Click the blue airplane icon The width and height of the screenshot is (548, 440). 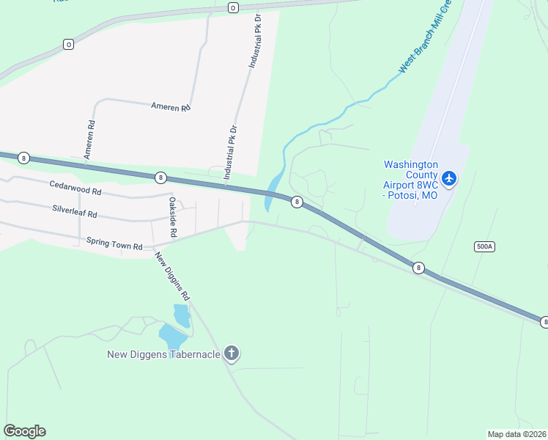click(x=449, y=177)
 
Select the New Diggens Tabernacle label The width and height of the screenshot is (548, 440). click(x=163, y=355)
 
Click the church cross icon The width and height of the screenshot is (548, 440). click(x=232, y=354)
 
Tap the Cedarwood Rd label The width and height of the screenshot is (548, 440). click(x=75, y=189)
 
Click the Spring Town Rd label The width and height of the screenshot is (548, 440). click(x=114, y=243)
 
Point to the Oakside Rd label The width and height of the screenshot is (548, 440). click(x=173, y=216)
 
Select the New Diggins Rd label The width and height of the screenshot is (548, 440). click(x=172, y=277)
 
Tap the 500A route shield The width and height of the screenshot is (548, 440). click(x=484, y=246)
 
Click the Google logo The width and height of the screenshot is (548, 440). click(x=24, y=430)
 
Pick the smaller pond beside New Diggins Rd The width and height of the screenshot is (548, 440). click(x=181, y=315)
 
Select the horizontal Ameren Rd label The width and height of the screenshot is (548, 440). click(x=171, y=108)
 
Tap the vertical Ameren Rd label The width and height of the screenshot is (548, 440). click(x=89, y=140)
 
